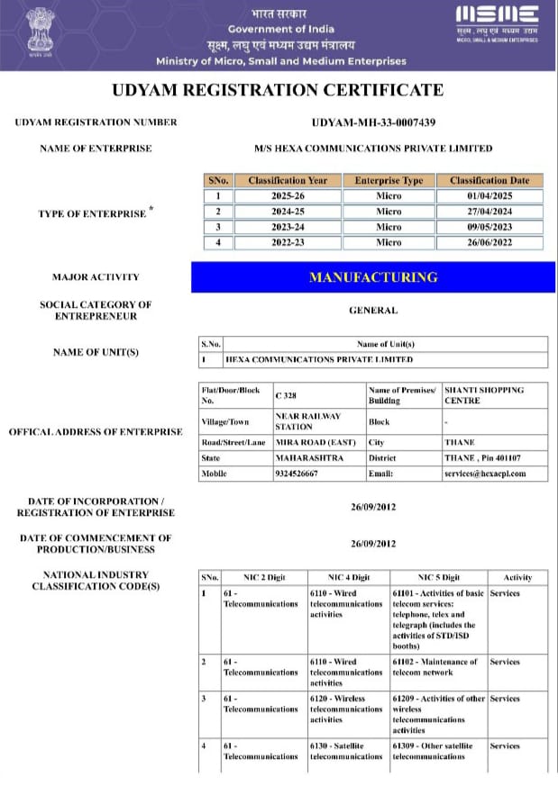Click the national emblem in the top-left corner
click(x=40, y=32)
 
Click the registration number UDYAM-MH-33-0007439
click(x=373, y=123)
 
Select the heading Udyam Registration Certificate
click(x=278, y=90)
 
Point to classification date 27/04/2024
click(x=495, y=212)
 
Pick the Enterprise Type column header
click(x=389, y=180)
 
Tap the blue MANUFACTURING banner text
click(x=373, y=277)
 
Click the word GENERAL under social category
click(x=373, y=311)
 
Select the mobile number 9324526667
click(x=297, y=474)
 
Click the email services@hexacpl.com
click(x=484, y=474)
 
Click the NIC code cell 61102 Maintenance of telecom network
click(x=437, y=667)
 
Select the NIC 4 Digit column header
click(x=347, y=577)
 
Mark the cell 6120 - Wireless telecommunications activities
click(x=347, y=709)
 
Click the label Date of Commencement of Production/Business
click(x=94, y=544)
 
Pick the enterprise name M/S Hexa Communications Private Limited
click(x=373, y=149)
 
